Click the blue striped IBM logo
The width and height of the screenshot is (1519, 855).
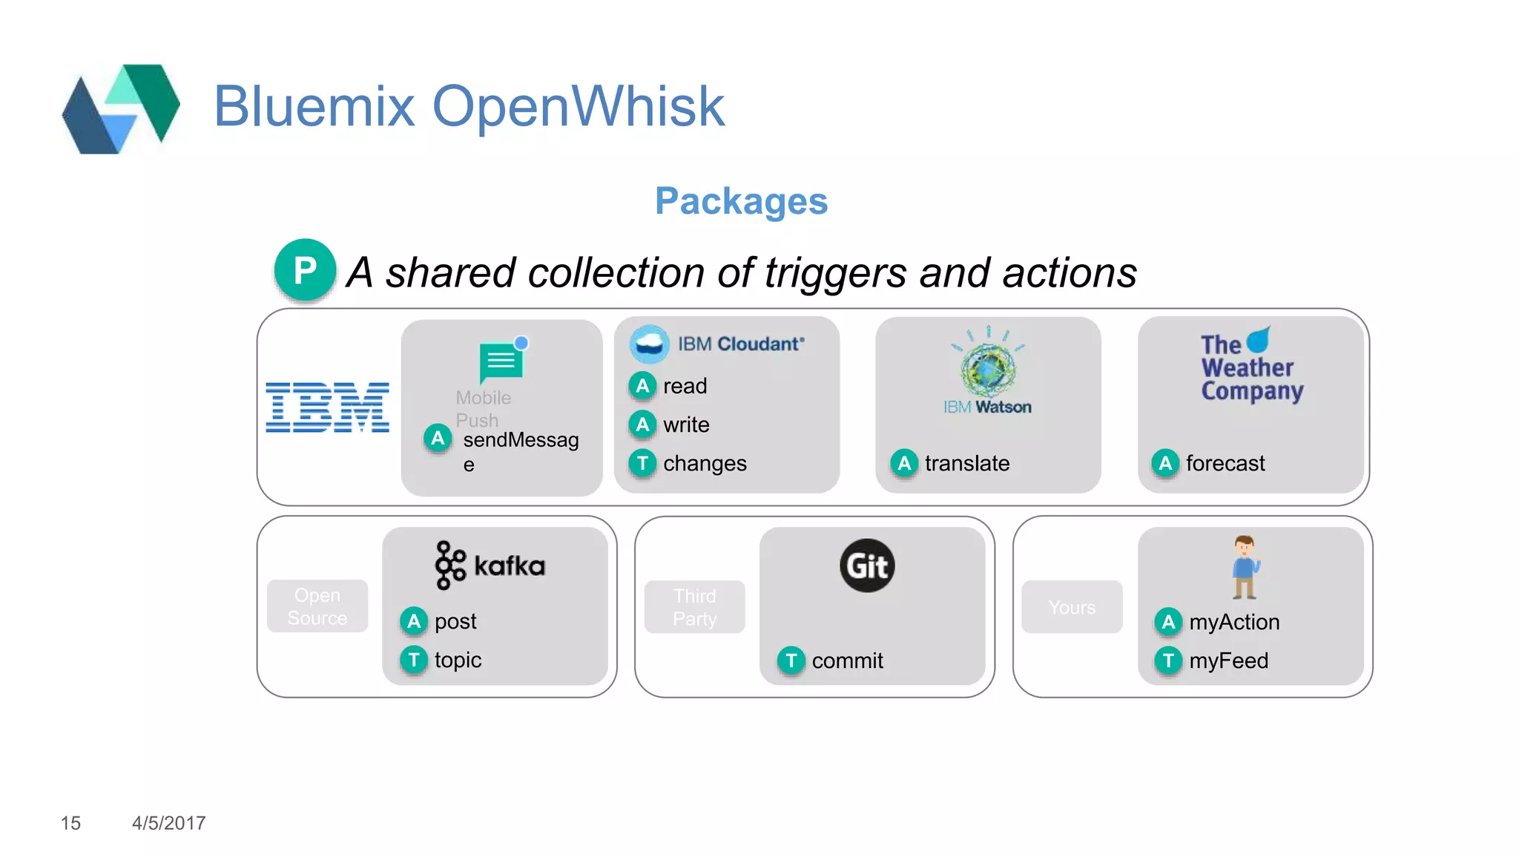coord(327,407)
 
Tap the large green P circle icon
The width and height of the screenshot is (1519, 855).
coord(305,270)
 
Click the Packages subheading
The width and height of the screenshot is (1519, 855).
coord(740,201)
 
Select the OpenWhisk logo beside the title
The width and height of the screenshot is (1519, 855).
coord(121,108)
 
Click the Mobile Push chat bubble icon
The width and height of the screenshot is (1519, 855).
coord(502,361)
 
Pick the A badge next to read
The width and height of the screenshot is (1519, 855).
coord(642,386)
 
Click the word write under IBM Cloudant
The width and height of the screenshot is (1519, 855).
coord(686,425)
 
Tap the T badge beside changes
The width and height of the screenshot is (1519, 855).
coord(642,463)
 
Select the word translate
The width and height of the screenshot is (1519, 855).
coord(966,463)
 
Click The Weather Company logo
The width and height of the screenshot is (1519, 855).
coord(1251,366)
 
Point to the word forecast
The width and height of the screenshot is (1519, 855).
coord(1225,463)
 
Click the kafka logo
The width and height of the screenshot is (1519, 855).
coord(490,566)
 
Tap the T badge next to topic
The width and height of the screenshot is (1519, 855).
coord(414,660)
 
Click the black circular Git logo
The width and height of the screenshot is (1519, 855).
coord(867,566)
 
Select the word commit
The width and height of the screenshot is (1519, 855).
coord(847,661)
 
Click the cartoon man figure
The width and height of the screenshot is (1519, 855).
coord(1245,567)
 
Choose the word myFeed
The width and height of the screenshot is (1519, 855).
coord(1228,661)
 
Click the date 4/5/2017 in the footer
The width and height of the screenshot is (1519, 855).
coord(168,823)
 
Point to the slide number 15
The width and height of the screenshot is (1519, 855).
coord(70,823)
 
